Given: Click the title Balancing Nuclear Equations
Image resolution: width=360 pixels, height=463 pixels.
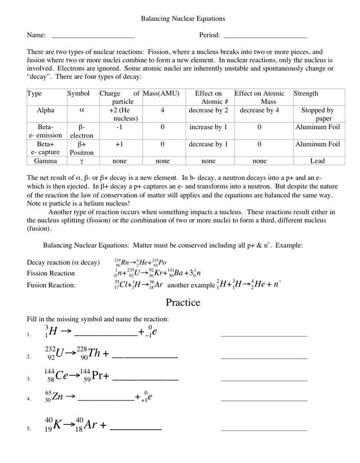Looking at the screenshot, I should tap(183, 19).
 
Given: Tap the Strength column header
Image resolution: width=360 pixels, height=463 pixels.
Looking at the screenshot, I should tap(306, 94).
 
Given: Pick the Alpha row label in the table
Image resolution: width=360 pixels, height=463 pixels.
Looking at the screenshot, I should tap(46, 110).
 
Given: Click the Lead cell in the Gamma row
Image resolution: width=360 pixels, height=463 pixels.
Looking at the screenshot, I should tap(318, 161).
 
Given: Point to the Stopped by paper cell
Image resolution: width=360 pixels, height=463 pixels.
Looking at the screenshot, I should tap(318, 114).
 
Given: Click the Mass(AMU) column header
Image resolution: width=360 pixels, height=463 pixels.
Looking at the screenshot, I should tap(162, 94).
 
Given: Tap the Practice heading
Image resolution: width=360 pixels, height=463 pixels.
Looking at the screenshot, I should tap(183, 302).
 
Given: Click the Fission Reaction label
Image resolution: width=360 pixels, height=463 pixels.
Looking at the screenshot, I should tap(51, 274).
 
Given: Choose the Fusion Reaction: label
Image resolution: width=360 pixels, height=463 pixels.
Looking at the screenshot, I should tap(51, 285).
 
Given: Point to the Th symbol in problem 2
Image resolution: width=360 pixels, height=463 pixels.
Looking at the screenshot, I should tap(94, 353).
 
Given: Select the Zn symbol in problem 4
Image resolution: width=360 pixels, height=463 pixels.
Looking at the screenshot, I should tap(58, 397).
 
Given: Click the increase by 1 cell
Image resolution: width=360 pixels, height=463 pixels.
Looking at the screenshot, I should tap(208, 127).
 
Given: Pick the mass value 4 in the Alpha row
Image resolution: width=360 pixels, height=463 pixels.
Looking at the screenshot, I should tap(162, 110).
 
